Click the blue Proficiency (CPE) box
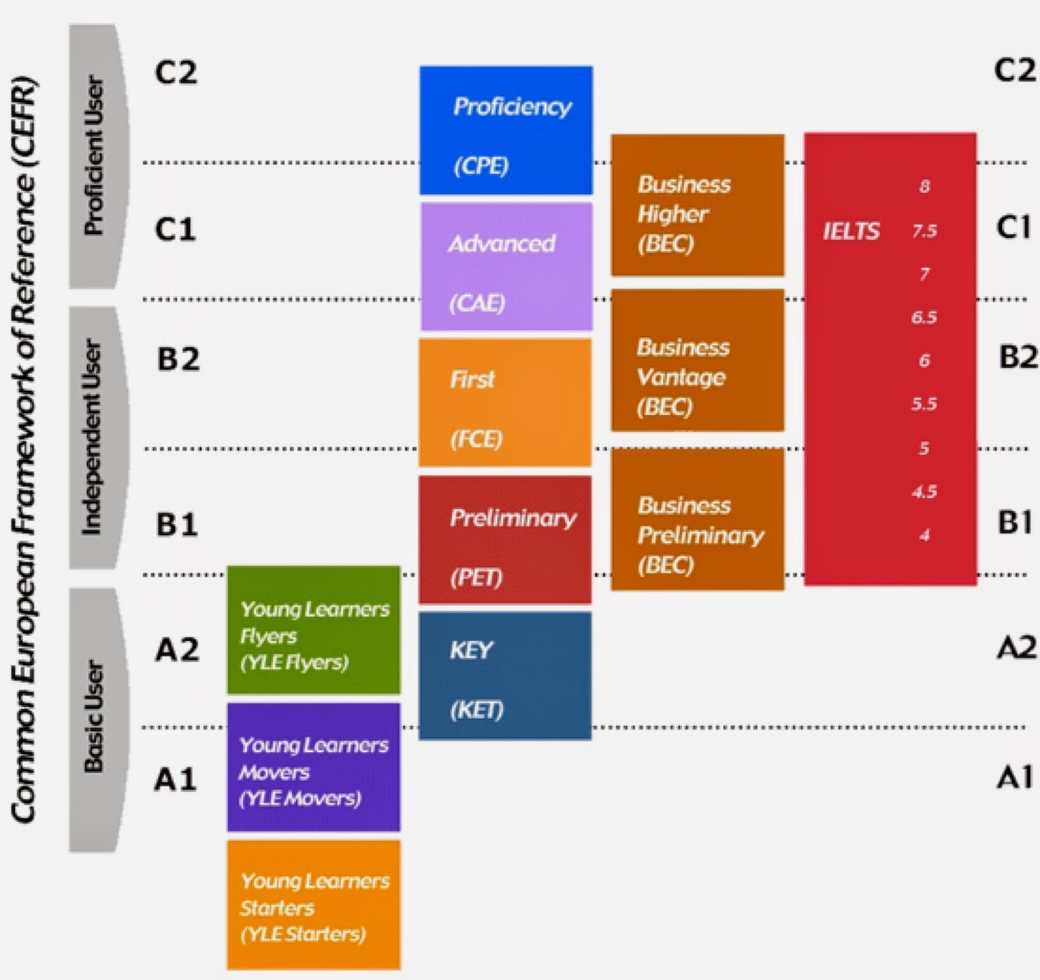pyautogui.click(x=506, y=130)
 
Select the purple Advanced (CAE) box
pyautogui.click(x=506, y=267)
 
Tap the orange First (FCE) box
pyautogui.click(x=505, y=403)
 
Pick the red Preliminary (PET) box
pyautogui.click(x=505, y=540)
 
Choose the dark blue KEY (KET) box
pyautogui.click(x=505, y=676)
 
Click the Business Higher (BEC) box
pyautogui.click(x=697, y=205)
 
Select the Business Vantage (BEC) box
pyautogui.click(x=697, y=361)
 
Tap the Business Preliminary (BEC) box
pyautogui.click(x=697, y=520)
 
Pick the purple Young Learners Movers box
pyautogui.click(x=313, y=768)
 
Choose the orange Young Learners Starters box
pyautogui.click(x=313, y=905)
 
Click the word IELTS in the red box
pyautogui.click(x=850, y=231)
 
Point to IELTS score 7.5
pyautogui.click(x=924, y=231)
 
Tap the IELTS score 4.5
pyautogui.click(x=924, y=493)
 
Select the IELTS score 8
pyautogui.click(x=924, y=187)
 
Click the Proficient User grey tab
pyautogui.click(x=95, y=156)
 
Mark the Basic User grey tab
pyautogui.click(x=95, y=720)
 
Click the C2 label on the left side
pyautogui.click(x=175, y=72)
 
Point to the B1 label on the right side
pyautogui.click(x=1015, y=523)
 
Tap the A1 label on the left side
pyautogui.click(x=175, y=778)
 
